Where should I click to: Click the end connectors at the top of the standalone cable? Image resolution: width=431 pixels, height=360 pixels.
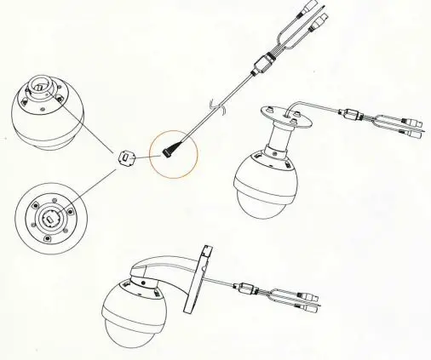311,16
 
